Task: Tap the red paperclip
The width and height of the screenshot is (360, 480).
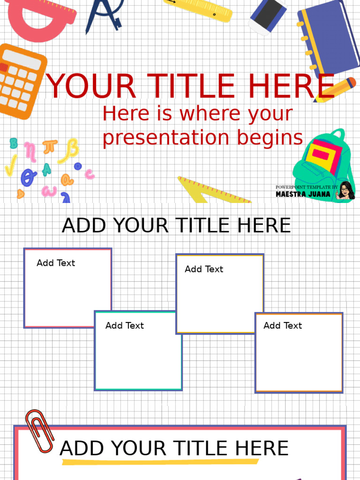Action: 38,430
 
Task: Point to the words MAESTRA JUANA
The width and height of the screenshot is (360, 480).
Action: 303,194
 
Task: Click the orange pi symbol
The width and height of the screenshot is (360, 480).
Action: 50,147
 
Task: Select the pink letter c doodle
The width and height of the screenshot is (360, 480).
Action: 89,174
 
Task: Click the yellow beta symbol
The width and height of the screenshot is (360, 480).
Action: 70,150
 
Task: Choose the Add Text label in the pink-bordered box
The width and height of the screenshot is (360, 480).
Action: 56,263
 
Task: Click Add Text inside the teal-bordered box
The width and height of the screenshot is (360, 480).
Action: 124,325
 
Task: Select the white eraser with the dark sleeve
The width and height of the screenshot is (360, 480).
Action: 267,15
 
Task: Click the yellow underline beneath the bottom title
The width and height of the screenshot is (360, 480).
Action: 159,462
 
